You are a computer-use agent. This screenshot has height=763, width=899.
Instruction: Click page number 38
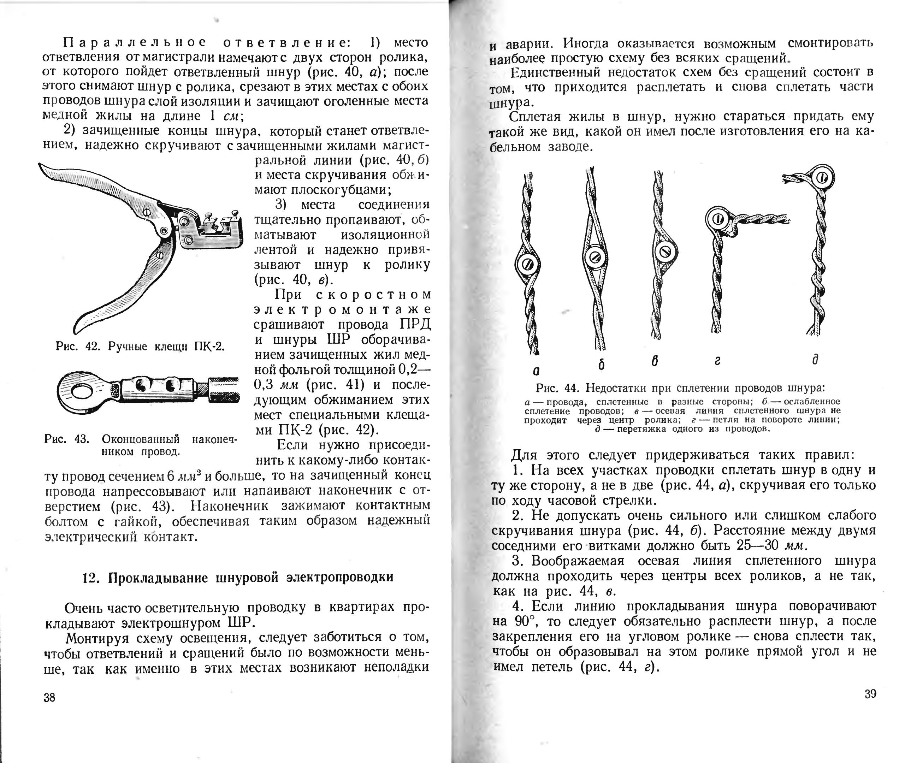point(49,697)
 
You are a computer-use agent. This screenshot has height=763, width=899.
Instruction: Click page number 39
point(870,694)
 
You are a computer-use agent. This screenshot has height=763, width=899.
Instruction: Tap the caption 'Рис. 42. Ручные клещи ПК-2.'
point(140,347)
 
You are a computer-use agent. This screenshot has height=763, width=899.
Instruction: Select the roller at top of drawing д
point(822,177)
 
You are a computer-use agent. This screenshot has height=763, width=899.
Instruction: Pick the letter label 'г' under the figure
point(717,361)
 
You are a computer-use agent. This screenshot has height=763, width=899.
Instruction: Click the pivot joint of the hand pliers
point(164,231)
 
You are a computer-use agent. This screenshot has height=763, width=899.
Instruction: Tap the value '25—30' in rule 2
point(764,545)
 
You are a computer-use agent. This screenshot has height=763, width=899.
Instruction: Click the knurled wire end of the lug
point(224,389)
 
